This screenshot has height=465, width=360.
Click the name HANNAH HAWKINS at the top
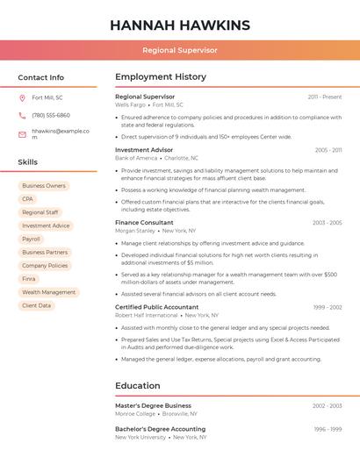pyautogui.click(x=180, y=25)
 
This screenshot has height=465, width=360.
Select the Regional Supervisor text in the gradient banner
pyautogui.click(x=180, y=50)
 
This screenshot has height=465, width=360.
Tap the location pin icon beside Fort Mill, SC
pyautogui.click(x=22, y=97)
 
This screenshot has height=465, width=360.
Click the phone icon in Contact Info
pyautogui.click(x=22, y=115)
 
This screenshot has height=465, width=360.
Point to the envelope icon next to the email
pyautogui.click(x=22, y=134)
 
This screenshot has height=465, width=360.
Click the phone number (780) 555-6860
pyautogui.click(x=51, y=115)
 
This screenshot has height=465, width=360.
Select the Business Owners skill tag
pyautogui.click(x=44, y=186)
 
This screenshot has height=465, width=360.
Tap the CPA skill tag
pyautogui.click(x=28, y=199)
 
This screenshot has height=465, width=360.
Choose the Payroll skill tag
pyautogui.click(x=32, y=239)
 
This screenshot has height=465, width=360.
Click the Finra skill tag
pyautogui.click(x=30, y=279)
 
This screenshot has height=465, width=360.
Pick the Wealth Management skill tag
pyautogui.click(x=49, y=292)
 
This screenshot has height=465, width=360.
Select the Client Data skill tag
pyautogui.click(x=37, y=305)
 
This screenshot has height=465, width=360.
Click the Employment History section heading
pyautogui.click(x=161, y=77)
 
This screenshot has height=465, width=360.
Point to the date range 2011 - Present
pyautogui.click(x=324, y=97)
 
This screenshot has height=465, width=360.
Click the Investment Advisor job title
pyautogui.click(x=144, y=150)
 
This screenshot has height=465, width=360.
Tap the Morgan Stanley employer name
pyautogui.click(x=135, y=231)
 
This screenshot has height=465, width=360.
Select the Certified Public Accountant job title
pyautogui.click(x=157, y=307)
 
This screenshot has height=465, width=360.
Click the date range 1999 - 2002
pyautogui.click(x=327, y=307)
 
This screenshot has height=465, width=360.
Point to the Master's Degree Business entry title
pyautogui.click(x=153, y=405)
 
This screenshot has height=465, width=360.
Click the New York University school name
pyautogui.click(x=140, y=436)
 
